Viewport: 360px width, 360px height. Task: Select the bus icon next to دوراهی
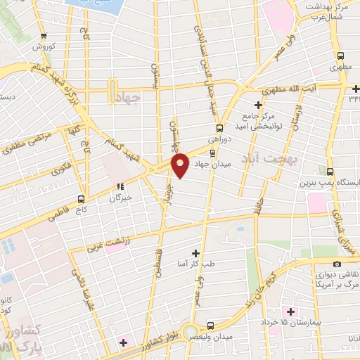coord(220,129)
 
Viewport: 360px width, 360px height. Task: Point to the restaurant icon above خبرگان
coord(120,187)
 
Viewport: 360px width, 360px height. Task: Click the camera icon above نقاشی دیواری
coord(337,263)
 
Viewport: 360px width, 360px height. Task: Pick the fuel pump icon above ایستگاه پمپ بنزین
coord(330,171)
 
